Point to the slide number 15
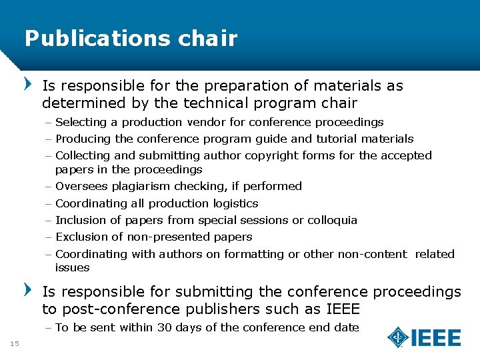(x=14, y=343)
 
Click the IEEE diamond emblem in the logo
(x=399, y=337)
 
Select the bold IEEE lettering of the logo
(x=436, y=338)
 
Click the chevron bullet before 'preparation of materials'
(x=28, y=85)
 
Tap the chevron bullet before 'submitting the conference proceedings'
(x=28, y=291)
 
